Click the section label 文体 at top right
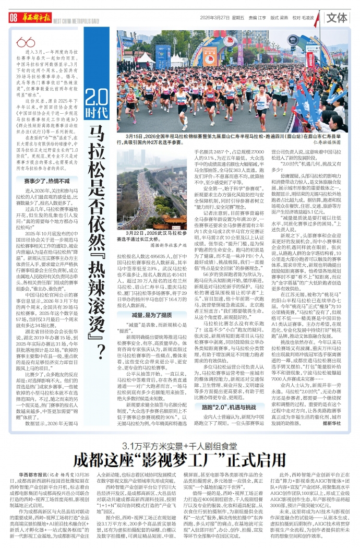pyautogui.click(x=338, y=18)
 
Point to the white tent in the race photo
pyautogui.click(x=146, y=57)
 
